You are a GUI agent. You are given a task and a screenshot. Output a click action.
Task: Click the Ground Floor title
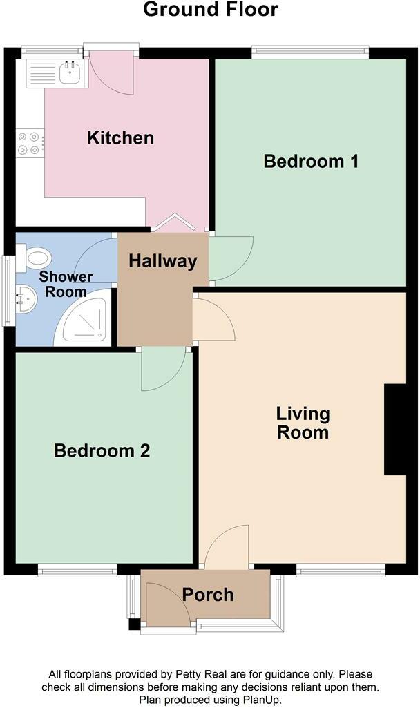211,10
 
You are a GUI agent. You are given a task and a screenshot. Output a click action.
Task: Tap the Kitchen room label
120,137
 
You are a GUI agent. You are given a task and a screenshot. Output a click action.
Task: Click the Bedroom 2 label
102,450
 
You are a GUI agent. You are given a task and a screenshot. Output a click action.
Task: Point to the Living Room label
303,423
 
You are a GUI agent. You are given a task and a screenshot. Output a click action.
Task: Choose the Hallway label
163,261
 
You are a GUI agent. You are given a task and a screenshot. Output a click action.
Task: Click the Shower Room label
66,284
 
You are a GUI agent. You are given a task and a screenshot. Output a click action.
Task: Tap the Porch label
208,594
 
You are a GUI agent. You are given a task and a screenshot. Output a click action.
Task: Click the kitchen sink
69,72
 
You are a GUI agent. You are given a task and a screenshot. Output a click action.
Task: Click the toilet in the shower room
35,260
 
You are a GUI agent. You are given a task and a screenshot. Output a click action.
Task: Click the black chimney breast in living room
395,429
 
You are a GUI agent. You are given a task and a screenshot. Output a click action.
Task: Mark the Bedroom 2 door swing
163,367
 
